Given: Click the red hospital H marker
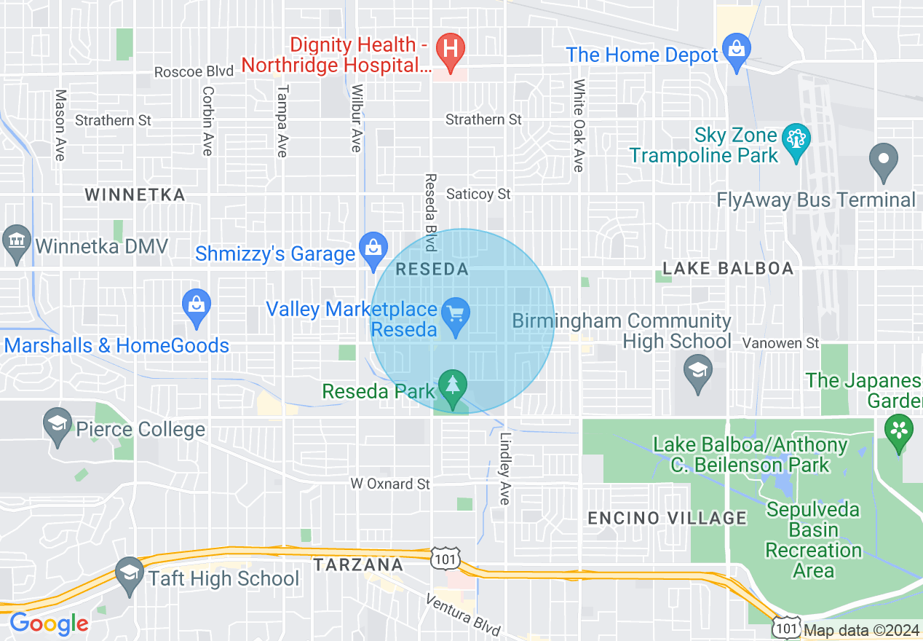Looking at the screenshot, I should click(x=451, y=50).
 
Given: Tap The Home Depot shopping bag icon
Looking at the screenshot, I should click(x=737, y=50).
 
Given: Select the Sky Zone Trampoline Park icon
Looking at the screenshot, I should click(x=796, y=137).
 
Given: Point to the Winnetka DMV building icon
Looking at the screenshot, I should click(x=15, y=239).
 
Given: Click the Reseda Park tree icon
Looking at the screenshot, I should click(x=453, y=384).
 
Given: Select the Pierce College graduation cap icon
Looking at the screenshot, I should click(x=58, y=424).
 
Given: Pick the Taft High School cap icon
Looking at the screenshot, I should click(x=130, y=573).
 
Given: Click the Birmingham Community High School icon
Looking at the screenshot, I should click(x=698, y=371).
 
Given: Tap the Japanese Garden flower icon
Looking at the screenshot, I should click(x=900, y=430).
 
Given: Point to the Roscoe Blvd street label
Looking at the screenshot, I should click(x=194, y=71).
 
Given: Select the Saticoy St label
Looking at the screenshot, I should click(x=478, y=194).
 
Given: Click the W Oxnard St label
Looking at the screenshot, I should click(x=390, y=484).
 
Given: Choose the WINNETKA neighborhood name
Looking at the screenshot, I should click(x=135, y=194).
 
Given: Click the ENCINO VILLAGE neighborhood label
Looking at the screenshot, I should click(x=667, y=518).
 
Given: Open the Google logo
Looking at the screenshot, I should click(x=48, y=624).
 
